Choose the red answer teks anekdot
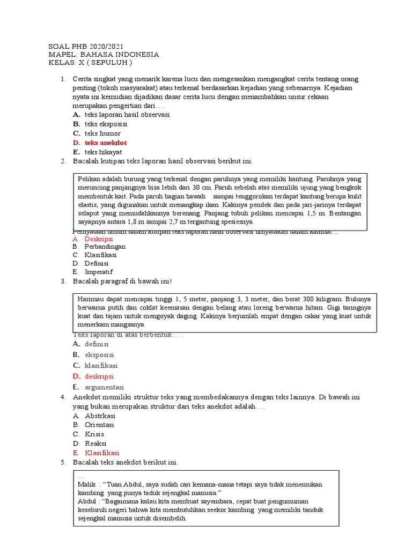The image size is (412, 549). (105, 143)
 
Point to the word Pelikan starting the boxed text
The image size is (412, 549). (90, 178)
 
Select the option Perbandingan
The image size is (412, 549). (105, 247)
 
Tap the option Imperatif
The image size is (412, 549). (99, 272)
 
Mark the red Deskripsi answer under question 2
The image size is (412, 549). (99, 239)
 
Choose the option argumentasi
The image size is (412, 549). (104, 387)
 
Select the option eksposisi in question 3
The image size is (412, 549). (99, 355)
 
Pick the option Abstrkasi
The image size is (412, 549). (100, 416)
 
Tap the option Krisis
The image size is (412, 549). (94, 434)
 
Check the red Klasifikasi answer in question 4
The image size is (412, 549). (102, 453)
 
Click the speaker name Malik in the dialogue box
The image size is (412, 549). (87, 484)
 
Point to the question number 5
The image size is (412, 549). (63, 462)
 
